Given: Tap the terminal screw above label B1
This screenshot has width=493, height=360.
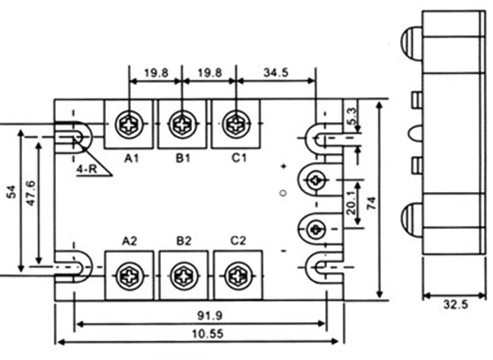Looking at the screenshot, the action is [182, 125].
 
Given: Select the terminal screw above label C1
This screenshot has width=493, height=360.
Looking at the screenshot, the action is [236, 124].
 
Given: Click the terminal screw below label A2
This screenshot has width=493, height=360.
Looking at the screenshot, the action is [130, 276].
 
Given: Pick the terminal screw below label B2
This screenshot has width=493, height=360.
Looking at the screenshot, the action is [184, 276].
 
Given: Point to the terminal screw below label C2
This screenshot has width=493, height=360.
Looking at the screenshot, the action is [239, 276].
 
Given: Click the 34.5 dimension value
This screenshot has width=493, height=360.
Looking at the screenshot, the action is [276, 72].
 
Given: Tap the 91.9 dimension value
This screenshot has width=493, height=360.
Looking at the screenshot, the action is [210, 315].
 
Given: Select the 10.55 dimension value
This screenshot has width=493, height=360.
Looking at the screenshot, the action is [208, 334].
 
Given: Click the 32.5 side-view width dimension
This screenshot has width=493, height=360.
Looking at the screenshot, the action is [456, 304].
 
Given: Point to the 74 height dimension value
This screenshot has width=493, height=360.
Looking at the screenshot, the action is [371, 203].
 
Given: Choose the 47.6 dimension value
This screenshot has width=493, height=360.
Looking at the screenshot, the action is [30, 193].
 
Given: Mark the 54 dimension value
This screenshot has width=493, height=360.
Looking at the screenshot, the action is [12, 192].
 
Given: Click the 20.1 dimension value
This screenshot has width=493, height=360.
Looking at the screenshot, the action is [351, 203].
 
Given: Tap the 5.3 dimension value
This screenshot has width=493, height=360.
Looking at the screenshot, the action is [353, 116].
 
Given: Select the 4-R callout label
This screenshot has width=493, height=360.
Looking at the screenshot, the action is [87, 169].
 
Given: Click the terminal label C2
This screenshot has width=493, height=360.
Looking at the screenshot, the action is [238, 240].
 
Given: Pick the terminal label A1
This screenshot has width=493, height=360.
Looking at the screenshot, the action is [131, 158].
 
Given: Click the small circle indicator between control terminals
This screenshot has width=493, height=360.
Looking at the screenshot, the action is [284, 193].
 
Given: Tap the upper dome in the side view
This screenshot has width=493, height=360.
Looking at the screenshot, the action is [411, 42].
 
